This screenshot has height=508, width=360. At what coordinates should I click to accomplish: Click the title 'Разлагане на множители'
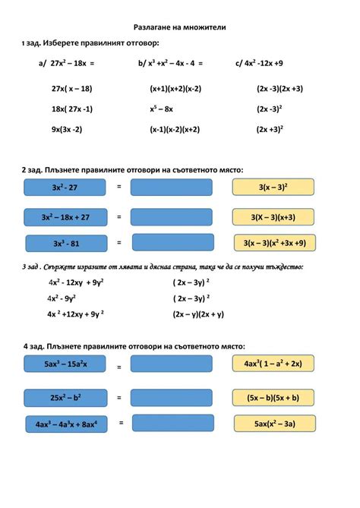point(179,27)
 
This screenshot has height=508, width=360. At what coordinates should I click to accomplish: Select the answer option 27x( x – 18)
point(71,89)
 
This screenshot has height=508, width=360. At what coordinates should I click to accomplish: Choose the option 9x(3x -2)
point(67,129)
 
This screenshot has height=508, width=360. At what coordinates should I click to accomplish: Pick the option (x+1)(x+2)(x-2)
point(175,89)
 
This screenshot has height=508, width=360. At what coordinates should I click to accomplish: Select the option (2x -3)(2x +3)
point(279,89)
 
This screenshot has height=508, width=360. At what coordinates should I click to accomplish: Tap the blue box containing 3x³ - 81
point(66,244)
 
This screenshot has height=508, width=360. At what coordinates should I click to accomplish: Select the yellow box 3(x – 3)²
point(272,187)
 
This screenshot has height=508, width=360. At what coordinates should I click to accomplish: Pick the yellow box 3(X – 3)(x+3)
point(273,217)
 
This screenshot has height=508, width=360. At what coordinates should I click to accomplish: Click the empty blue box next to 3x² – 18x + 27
point(171,217)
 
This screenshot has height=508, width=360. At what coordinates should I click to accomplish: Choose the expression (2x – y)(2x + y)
point(197,314)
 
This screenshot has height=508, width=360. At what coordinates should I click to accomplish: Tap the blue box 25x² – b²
point(66,397)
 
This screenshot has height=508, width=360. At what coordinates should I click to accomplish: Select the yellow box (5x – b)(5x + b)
point(273,397)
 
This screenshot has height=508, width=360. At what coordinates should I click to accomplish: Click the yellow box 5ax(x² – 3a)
point(273,424)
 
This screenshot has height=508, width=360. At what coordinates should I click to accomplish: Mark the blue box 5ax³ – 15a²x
point(65,364)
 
